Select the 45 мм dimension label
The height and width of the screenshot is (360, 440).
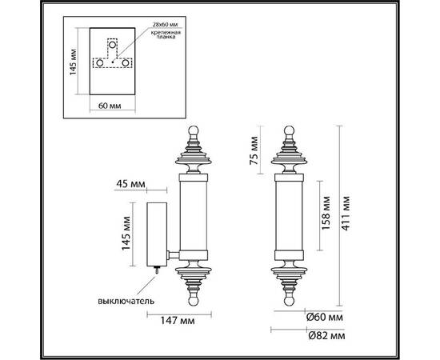(131, 186)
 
